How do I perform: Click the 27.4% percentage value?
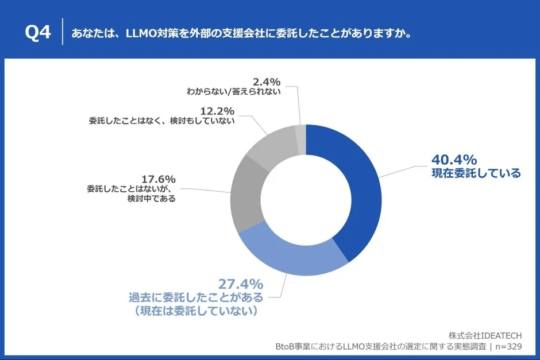tap(240, 284)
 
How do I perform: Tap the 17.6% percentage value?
tap(158, 179)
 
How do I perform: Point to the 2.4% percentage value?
tap(266, 81)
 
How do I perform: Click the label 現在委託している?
tap(476, 173)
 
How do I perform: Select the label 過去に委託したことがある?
tap(196, 297)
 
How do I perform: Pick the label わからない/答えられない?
tap(234, 91)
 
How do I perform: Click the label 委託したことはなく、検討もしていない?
tap(161, 121)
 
